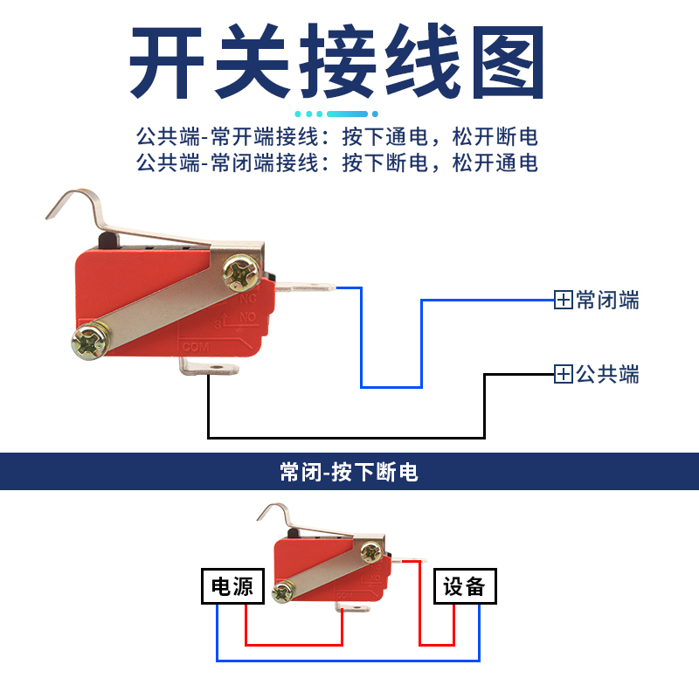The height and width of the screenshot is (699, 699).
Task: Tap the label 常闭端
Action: [x=608, y=301]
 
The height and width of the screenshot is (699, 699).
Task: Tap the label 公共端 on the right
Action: [x=608, y=375]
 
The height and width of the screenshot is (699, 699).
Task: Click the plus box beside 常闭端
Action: [x=564, y=301]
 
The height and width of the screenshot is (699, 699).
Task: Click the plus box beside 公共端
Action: [x=564, y=375]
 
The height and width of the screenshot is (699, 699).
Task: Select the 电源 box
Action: [x=232, y=586]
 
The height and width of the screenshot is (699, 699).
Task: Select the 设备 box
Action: [x=465, y=586]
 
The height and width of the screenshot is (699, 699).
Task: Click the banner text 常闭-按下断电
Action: [x=349, y=473]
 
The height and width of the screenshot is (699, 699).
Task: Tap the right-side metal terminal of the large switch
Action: [x=307, y=285]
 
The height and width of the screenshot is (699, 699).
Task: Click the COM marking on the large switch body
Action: [x=194, y=346]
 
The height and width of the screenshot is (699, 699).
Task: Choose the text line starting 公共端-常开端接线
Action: [x=336, y=137]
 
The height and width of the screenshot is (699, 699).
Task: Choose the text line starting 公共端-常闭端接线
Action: [x=336, y=163]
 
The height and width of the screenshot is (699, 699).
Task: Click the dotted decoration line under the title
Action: [x=336, y=114]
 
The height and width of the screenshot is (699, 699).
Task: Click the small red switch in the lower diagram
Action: [x=328, y=568]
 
